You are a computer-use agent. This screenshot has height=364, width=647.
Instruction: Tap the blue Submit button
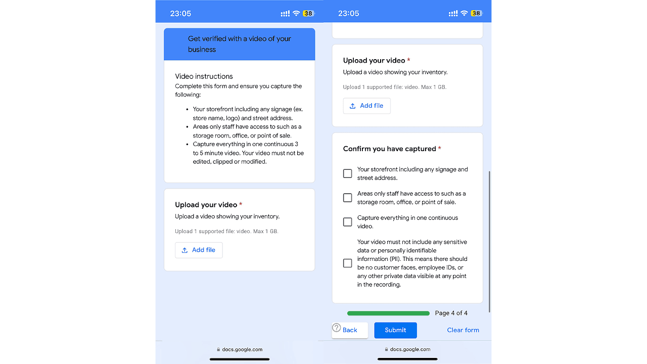click(x=395, y=330)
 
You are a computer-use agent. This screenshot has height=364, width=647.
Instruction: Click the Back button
click(x=350, y=330)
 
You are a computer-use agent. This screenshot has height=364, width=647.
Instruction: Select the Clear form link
click(x=463, y=330)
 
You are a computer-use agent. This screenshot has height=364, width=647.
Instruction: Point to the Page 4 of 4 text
click(x=451, y=313)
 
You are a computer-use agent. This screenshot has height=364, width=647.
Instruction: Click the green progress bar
click(x=388, y=313)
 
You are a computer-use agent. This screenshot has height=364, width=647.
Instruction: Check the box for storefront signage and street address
click(x=348, y=173)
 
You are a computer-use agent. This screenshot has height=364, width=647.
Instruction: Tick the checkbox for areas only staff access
click(x=348, y=198)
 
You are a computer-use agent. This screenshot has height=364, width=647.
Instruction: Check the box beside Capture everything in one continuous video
click(x=348, y=222)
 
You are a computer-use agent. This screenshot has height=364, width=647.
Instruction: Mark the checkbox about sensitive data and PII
click(x=348, y=263)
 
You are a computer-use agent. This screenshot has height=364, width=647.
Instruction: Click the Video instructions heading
click(x=204, y=76)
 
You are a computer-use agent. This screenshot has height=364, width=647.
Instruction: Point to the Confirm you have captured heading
click(x=389, y=149)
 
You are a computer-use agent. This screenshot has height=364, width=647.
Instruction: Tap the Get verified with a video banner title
click(x=239, y=44)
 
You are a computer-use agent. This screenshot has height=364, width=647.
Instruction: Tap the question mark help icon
click(x=337, y=328)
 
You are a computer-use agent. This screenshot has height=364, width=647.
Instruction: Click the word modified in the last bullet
click(x=253, y=162)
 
